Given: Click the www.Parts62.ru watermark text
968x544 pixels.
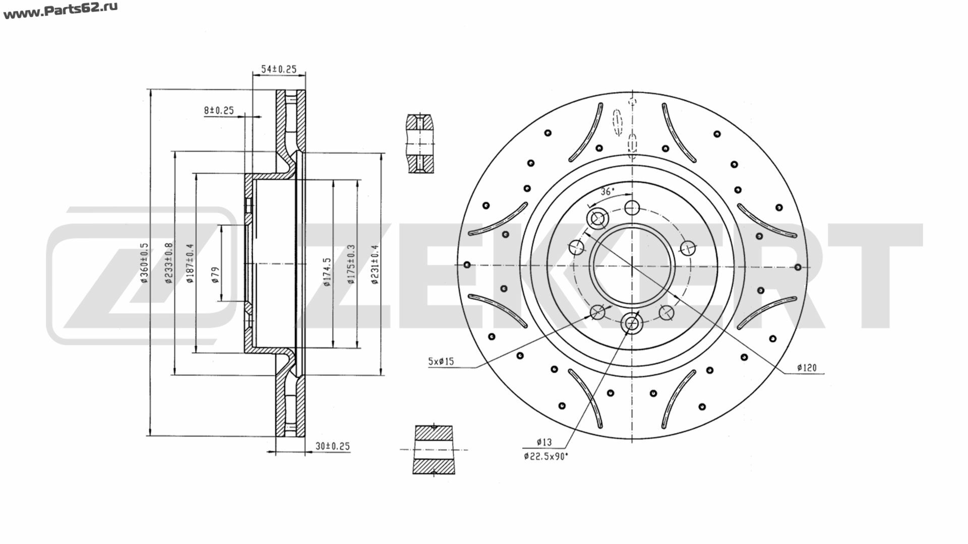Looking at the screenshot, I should coord(60,11).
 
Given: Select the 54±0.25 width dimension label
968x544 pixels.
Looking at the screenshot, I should coord(279,70).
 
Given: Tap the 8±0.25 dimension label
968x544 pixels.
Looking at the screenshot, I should coord(219,110).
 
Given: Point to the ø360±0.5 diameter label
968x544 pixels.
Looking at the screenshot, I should coord(145,263).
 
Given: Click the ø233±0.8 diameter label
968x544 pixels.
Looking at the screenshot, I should coord(169,263).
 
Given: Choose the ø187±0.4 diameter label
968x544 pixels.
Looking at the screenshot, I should coord(190,263).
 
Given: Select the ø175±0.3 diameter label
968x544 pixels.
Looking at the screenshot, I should coord(351,264).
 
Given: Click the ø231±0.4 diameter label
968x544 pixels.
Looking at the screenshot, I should coord(375,264).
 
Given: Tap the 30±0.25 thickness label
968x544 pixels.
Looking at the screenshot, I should coord(333,446).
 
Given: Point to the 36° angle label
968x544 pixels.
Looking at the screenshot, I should coord(608,191).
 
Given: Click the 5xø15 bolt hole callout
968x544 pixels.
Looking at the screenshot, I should coord(441,361).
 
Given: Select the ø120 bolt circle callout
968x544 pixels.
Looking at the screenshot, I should coord(807,368).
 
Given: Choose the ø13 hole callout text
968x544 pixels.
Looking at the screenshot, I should coord(544,442).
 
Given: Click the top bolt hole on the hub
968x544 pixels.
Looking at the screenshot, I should coord(632,208).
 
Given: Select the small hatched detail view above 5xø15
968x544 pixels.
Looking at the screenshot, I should coord(419,144).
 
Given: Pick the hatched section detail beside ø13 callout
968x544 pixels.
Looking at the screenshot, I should coord(434,450).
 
